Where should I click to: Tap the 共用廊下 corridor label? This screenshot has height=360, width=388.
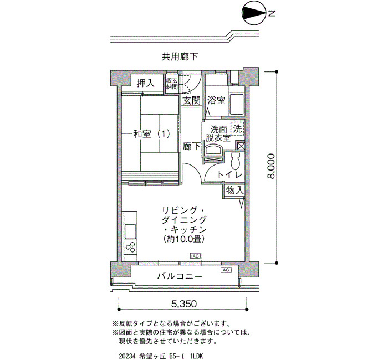click(x=180, y=57)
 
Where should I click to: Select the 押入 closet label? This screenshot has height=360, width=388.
click(x=146, y=83)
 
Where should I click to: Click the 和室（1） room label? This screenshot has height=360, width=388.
click(x=152, y=134)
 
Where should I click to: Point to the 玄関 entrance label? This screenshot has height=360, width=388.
click(x=191, y=100)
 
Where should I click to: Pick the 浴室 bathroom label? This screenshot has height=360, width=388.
click(x=216, y=100)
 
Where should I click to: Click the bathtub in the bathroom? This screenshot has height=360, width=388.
click(x=236, y=104)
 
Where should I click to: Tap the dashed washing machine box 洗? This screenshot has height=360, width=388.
click(x=237, y=129)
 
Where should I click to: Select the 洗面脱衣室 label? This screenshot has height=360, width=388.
click(x=218, y=133)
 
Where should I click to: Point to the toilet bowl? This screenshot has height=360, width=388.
click(x=235, y=162)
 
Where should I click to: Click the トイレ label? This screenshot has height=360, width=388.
click(x=229, y=174)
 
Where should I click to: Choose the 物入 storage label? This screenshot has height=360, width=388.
click(x=234, y=191)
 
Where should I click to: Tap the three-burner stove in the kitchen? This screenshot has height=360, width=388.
click(x=130, y=248)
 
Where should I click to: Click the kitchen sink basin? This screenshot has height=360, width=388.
click(x=130, y=231)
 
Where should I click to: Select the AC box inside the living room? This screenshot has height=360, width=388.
click(x=196, y=256)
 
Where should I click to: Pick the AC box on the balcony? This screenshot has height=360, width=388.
click(x=226, y=270)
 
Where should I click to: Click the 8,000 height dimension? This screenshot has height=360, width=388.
click(x=272, y=166)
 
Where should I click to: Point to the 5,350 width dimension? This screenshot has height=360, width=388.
click(x=184, y=304)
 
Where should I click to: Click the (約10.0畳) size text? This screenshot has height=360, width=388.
click(x=183, y=239)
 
